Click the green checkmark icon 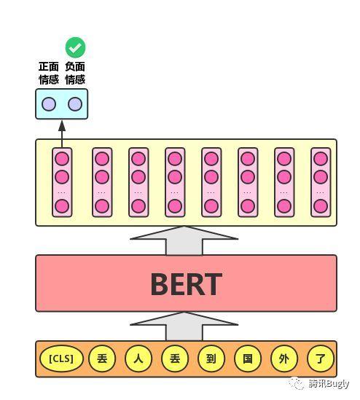pos(75,48)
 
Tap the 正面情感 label pos(49,74)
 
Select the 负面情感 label pos(75,74)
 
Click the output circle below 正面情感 pos(49,104)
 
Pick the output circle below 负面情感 pos(75,104)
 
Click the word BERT pos(186,284)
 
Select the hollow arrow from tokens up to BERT pos(184,326)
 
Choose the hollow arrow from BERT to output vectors pos(184,240)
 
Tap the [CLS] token pos(62,358)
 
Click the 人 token pos(138,358)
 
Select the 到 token pos(211,358)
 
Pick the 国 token pos(248,358)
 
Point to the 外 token pos(284,358)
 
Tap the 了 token pos(321,358)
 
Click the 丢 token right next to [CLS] pos(102,358)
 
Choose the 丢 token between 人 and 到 pos(175,358)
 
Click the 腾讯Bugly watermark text pos(329,383)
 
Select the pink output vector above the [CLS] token pos(62,182)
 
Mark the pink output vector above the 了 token pos(321,182)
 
